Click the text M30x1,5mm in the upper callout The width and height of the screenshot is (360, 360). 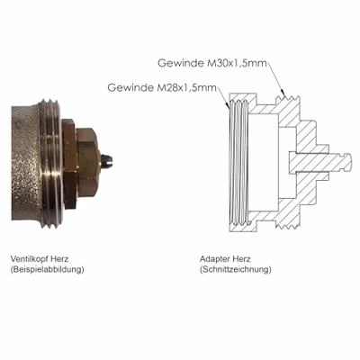tap(238, 64)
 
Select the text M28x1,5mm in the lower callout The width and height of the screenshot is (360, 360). tap(187, 88)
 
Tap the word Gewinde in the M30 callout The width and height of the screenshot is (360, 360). tap(181, 64)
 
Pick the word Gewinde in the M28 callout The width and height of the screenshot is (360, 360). tap(130, 88)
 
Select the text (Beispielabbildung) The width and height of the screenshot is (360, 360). tap(47, 269)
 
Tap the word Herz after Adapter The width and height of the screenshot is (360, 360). tap(241, 259)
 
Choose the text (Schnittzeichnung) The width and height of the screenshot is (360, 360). tap(236, 269)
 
